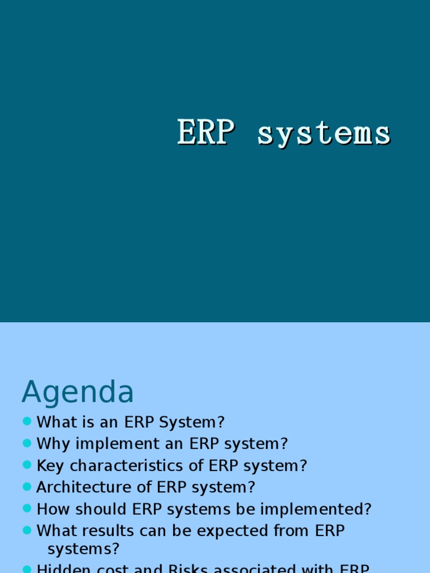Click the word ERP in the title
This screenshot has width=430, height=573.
205,133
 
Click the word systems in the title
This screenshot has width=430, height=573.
324,134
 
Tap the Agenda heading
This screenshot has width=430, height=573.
78,392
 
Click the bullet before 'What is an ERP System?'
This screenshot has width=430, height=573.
27,421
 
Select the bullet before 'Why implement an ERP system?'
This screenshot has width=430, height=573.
27,443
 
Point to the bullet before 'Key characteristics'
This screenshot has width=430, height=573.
27,465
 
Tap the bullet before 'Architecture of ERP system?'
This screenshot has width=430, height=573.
27,487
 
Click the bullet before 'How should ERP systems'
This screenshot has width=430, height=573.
27,509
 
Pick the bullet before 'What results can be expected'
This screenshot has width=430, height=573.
27,530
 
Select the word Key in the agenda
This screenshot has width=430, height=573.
50,466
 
